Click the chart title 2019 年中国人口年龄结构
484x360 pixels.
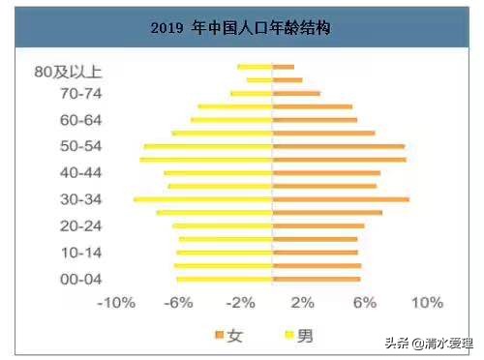pyautogui.click(x=241, y=29)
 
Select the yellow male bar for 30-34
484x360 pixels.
pyautogui.click(x=203, y=199)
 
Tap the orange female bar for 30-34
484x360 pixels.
pyautogui.click(x=341, y=199)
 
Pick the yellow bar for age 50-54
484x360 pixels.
pyautogui.click(x=208, y=146)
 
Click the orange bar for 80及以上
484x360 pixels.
pyautogui.click(x=284, y=67)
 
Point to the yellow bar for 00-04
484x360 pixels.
pyautogui.click(x=224, y=279)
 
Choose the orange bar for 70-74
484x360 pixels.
pyautogui.click(x=296, y=94)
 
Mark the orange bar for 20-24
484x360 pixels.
pyautogui.click(x=318, y=225)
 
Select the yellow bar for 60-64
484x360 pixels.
pyautogui.click(x=231, y=120)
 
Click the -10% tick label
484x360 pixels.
pyautogui.click(x=116, y=303)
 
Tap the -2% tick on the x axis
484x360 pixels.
pyautogui.click(x=241, y=303)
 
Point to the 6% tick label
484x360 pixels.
pyautogui.click(x=364, y=303)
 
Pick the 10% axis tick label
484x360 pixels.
pyautogui.click(x=426, y=303)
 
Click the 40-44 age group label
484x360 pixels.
pyautogui.click(x=81, y=172)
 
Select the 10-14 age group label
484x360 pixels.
pyautogui.click(x=81, y=252)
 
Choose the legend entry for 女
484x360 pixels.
pyautogui.click(x=228, y=336)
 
